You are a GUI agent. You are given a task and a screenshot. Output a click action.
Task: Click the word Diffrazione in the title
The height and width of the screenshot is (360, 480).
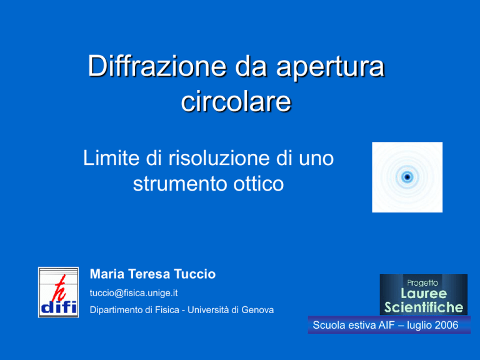pyautogui.click(x=157, y=66)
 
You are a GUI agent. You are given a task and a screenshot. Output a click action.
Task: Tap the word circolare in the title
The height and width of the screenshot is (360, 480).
pyautogui.click(x=236, y=101)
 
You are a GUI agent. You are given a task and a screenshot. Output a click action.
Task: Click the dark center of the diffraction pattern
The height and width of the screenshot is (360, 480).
pyautogui.click(x=407, y=177)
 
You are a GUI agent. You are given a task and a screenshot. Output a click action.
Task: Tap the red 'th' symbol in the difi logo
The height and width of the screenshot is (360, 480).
pyautogui.click(x=59, y=288)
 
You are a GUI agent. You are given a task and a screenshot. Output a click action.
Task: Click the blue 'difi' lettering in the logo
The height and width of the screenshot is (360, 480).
pyautogui.click(x=59, y=307)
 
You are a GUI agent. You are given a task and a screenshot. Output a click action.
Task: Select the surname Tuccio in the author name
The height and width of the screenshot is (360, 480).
pyautogui.click(x=195, y=274)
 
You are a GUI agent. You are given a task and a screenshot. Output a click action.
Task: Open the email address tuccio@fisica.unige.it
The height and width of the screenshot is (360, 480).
pyautogui.click(x=134, y=293)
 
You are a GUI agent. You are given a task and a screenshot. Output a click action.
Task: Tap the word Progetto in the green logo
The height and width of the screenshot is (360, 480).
pyautogui.click(x=422, y=283)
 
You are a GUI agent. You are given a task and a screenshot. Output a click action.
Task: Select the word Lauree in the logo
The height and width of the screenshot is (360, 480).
pyautogui.click(x=424, y=294)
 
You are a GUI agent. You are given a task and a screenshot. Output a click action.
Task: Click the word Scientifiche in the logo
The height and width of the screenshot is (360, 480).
pyautogui.click(x=424, y=307)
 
